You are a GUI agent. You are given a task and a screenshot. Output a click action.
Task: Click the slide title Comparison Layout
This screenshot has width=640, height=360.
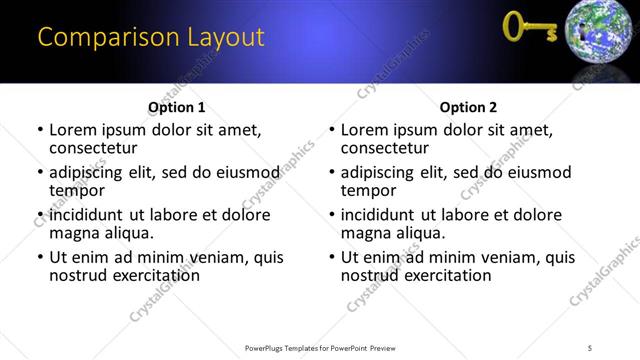pos(151,38)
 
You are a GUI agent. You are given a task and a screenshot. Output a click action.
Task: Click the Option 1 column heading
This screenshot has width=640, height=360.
pos(176,107)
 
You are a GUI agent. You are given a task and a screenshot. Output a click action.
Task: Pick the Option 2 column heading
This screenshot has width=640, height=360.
pos(468,107)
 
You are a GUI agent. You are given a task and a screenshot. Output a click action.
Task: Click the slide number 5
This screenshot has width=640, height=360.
pos(590,347)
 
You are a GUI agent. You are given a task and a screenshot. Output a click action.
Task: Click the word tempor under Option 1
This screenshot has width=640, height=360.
pos(77,191)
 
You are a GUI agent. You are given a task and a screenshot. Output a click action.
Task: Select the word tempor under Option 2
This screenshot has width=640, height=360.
pos(369,191)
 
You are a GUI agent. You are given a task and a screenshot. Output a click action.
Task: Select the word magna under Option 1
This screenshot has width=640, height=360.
pos(75,234)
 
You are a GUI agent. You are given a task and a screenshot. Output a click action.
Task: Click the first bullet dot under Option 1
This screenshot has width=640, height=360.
pos(40,130)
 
